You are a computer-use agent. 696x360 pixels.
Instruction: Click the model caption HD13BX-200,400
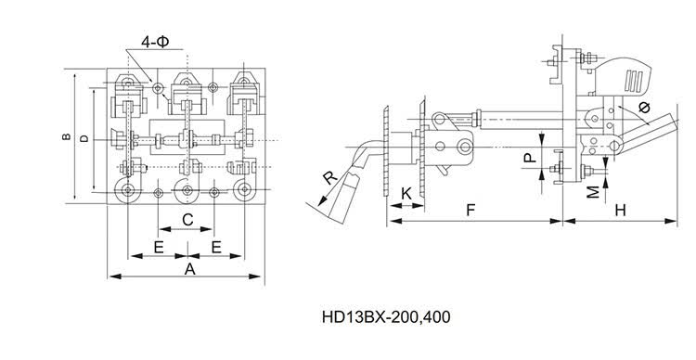pos(386,317)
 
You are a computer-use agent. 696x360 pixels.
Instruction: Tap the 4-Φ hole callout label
pos(155,42)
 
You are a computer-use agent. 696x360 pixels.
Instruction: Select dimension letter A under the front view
pos(190,268)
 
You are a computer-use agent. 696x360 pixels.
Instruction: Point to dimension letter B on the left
pos(67,136)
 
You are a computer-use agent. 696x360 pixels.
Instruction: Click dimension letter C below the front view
pos(187,219)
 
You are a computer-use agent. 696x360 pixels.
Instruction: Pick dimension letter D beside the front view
pos(84,138)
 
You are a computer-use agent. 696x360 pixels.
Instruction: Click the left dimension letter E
pos(159,247)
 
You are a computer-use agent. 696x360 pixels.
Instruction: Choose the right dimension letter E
pos(216,247)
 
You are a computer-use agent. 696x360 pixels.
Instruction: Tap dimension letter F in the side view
pos(470,211)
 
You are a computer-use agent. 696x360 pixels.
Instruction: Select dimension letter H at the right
pos(621,211)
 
